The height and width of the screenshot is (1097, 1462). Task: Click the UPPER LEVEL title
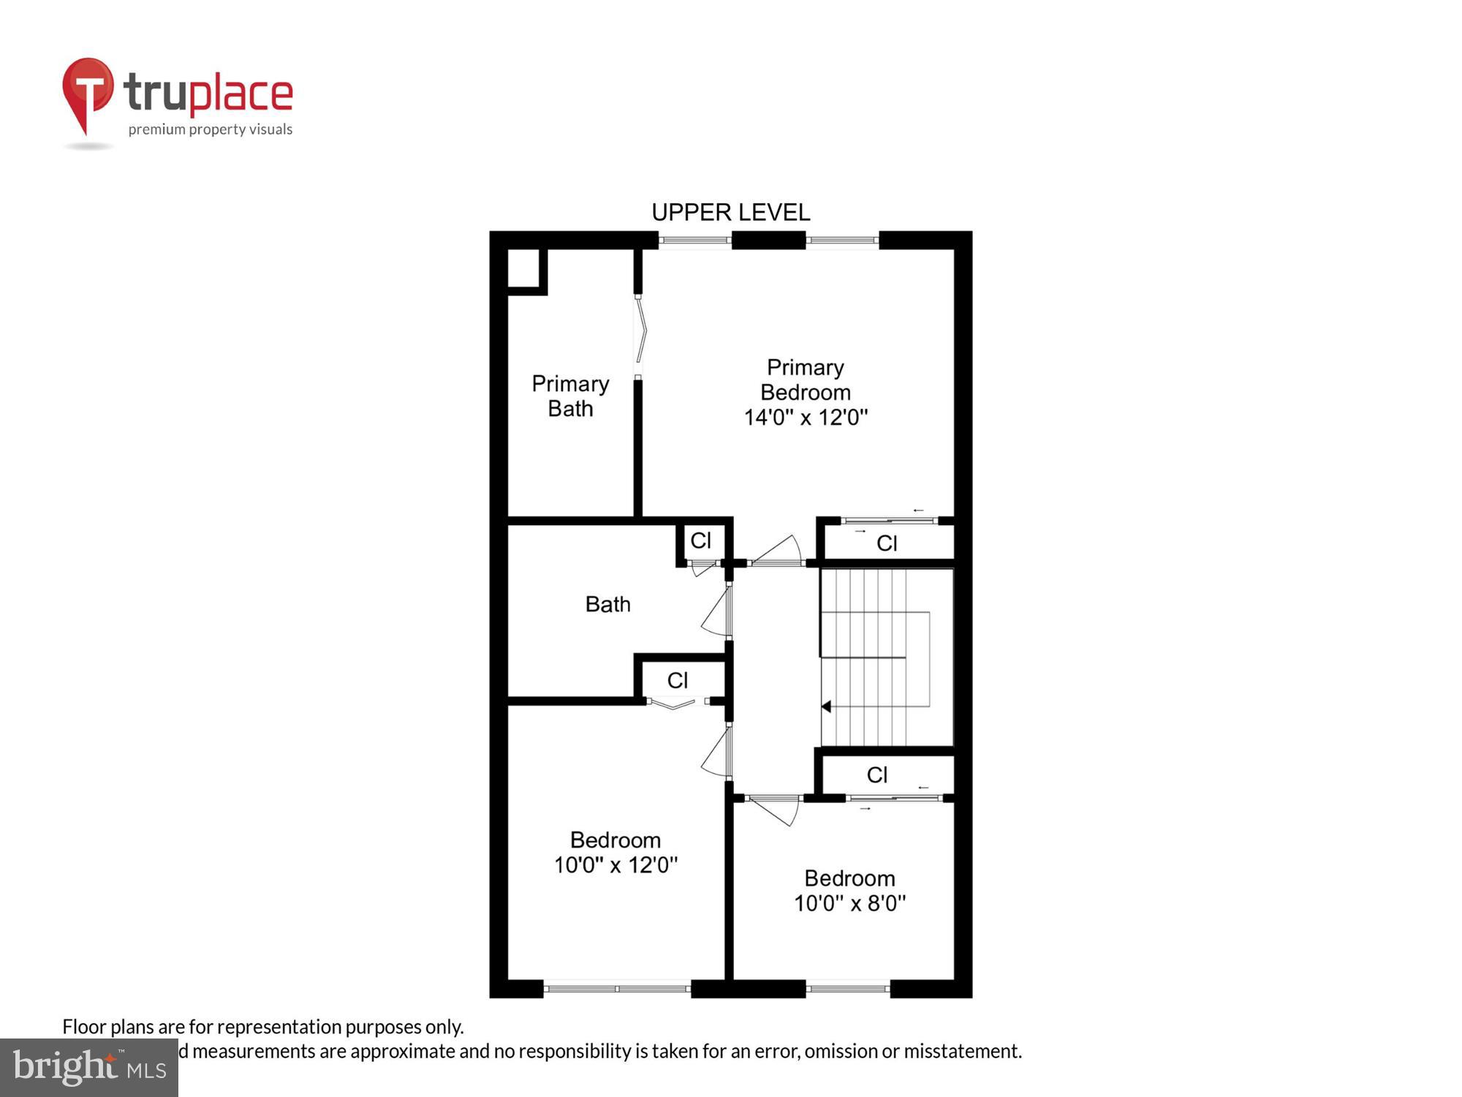coord(730,213)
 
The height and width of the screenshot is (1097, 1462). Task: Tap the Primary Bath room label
coord(570,396)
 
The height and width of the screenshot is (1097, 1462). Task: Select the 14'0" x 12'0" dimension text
coord(806,418)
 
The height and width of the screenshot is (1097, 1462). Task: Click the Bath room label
coord(607,604)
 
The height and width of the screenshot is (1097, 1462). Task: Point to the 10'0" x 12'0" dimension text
coord(616,865)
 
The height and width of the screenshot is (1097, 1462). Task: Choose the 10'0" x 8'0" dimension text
coord(849,903)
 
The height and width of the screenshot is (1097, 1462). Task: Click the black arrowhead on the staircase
coord(826,706)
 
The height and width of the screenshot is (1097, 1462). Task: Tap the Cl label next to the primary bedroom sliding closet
coord(887,543)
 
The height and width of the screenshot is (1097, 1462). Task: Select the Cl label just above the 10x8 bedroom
coord(876,775)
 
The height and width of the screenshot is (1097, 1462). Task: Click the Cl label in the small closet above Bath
coord(700,540)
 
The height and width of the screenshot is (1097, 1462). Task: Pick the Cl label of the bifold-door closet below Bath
coord(677,681)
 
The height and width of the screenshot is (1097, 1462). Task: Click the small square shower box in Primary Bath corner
coord(524,268)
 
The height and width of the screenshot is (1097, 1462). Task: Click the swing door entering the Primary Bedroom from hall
coord(776,552)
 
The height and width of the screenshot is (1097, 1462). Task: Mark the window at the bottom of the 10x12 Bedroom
coord(617,989)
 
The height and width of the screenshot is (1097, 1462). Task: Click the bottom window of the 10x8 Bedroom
coord(848,989)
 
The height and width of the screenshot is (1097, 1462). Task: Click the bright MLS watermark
coord(89,1068)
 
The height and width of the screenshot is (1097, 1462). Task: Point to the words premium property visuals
coord(210,130)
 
